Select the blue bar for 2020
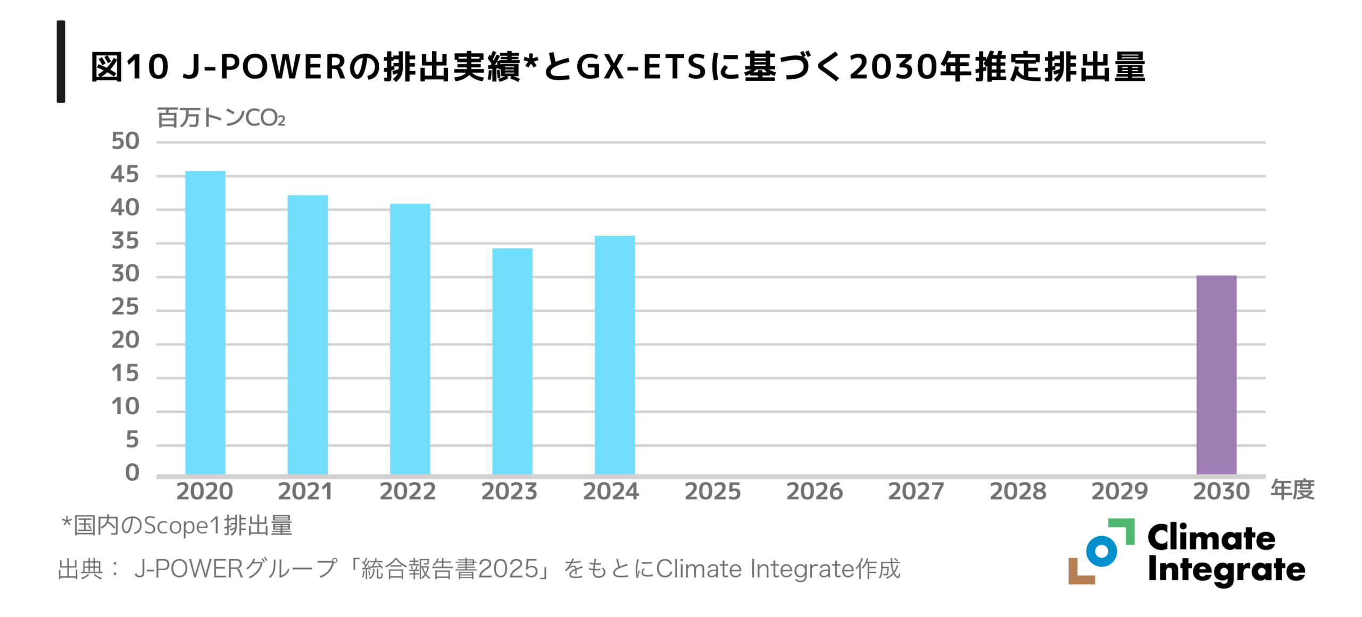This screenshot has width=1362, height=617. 205,322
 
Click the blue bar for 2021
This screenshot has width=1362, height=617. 308,335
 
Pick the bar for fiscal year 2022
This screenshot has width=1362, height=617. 410,339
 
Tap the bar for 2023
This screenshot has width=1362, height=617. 512,361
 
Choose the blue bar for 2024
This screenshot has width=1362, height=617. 614,355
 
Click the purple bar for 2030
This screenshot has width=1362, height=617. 1216,374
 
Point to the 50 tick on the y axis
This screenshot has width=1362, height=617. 125,141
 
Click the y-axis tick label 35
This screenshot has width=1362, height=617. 125,242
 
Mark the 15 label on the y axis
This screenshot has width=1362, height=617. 125,374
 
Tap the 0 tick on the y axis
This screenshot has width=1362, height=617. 132,473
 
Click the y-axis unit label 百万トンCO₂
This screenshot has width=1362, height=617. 221,118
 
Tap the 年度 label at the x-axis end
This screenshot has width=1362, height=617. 1292,490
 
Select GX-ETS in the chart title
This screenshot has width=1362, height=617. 641,68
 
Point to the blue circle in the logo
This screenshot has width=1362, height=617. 1101,551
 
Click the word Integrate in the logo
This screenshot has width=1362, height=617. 1226,570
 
